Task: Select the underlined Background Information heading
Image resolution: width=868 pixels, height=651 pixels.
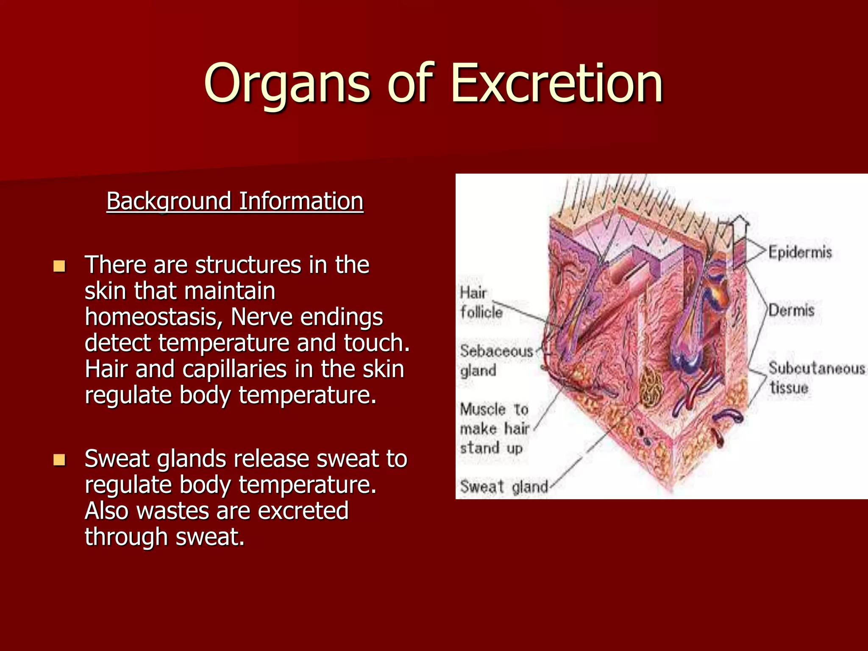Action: [235, 201]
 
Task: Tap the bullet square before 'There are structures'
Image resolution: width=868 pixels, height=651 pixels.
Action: [59, 266]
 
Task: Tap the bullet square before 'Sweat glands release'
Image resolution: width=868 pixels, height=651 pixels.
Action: [59, 460]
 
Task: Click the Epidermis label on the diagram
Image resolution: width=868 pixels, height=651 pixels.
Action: [800, 252]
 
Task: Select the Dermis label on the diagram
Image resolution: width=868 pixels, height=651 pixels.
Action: [791, 310]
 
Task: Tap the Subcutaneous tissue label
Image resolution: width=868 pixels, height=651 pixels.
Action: [816, 377]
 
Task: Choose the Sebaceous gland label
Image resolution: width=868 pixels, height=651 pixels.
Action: [496, 360]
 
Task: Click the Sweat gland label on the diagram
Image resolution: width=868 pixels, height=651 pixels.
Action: [504, 487]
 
